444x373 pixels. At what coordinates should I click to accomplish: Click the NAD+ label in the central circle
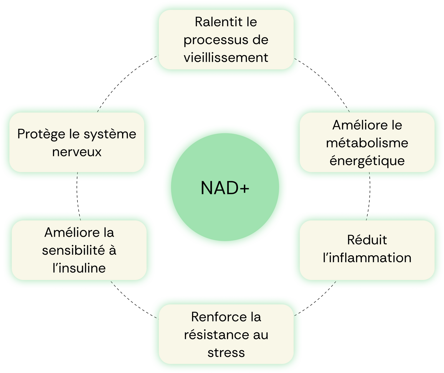coord(225,188)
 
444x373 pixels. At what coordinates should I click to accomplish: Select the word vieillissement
coord(226,58)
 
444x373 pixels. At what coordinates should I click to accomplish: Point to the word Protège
coord(41,134)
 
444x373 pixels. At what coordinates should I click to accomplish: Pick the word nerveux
coord(77,152)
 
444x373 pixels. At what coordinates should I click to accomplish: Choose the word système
coord(110,134)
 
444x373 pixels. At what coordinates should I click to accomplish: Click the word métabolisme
coord(367,143)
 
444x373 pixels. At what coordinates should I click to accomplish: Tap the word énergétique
coord(367,161)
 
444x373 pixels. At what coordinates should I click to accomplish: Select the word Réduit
coord(367,240)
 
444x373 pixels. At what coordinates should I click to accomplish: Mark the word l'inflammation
coord(367,258)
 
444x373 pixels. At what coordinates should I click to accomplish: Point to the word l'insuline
coord(79,268)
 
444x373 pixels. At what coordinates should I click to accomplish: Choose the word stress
coord(226,353)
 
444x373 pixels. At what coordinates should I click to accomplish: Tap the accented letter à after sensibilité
coord(112,251)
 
